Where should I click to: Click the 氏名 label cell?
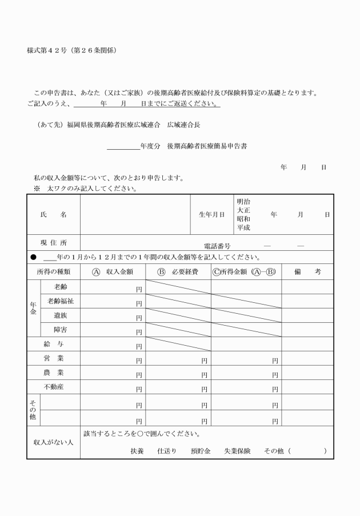tap(53, 214)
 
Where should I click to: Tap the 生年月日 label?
tap(211, 215)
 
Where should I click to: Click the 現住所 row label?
tap(53, 243)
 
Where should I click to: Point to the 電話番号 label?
tap(216, 246)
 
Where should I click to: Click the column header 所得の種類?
tap(53, 271)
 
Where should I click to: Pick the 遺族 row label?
tap(61, 315)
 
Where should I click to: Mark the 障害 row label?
tap(61, 330)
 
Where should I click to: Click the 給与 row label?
tap(53, 344)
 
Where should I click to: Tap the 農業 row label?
tap(53, 373)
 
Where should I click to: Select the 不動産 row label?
tap(53, 387)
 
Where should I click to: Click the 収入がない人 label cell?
tap(53, 442)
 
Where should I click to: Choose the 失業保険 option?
tap(237, 451)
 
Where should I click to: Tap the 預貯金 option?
tap(202, 451)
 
